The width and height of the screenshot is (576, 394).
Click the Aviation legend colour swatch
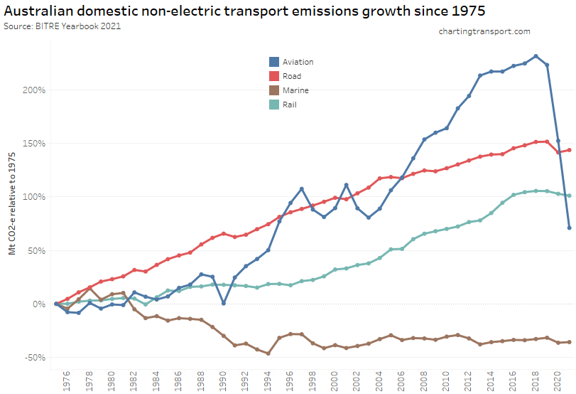[x=273, y=62]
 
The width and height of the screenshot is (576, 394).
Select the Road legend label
[x=291, y=76]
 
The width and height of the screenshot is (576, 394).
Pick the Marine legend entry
[x=295, y=90]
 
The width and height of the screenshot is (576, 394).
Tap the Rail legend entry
[x=289, y=105]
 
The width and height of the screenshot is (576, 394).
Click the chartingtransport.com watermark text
[x=484, y=31]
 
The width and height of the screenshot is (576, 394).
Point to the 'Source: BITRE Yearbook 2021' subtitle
[x=63, y=26]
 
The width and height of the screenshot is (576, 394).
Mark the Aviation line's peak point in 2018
[x=536, y=56]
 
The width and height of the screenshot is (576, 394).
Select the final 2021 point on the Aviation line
[x=569, y=228]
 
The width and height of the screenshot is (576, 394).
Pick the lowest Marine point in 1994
[x=268, y=353]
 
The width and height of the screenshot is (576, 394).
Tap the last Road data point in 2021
[x=569, y=150]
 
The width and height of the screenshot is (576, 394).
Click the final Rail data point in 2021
[x=569, y=196]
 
